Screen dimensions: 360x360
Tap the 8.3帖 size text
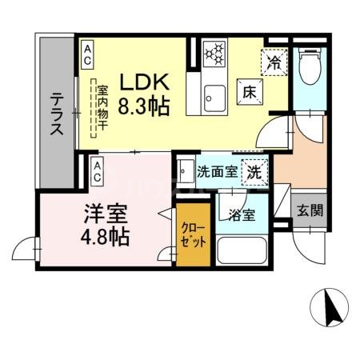(x=144, y=105)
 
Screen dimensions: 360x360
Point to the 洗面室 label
(x=215, y=170)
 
